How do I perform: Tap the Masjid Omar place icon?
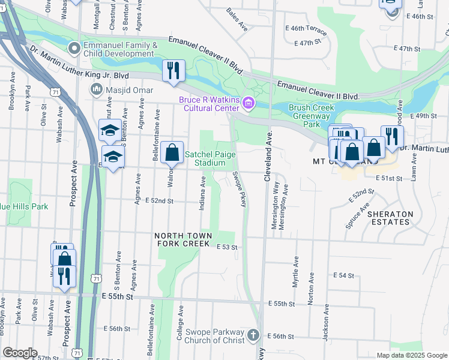95,89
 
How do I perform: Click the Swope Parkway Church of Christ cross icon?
253,335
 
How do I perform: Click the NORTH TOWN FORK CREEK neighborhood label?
182,239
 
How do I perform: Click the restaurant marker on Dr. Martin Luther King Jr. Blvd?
172,70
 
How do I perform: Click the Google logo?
20,353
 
